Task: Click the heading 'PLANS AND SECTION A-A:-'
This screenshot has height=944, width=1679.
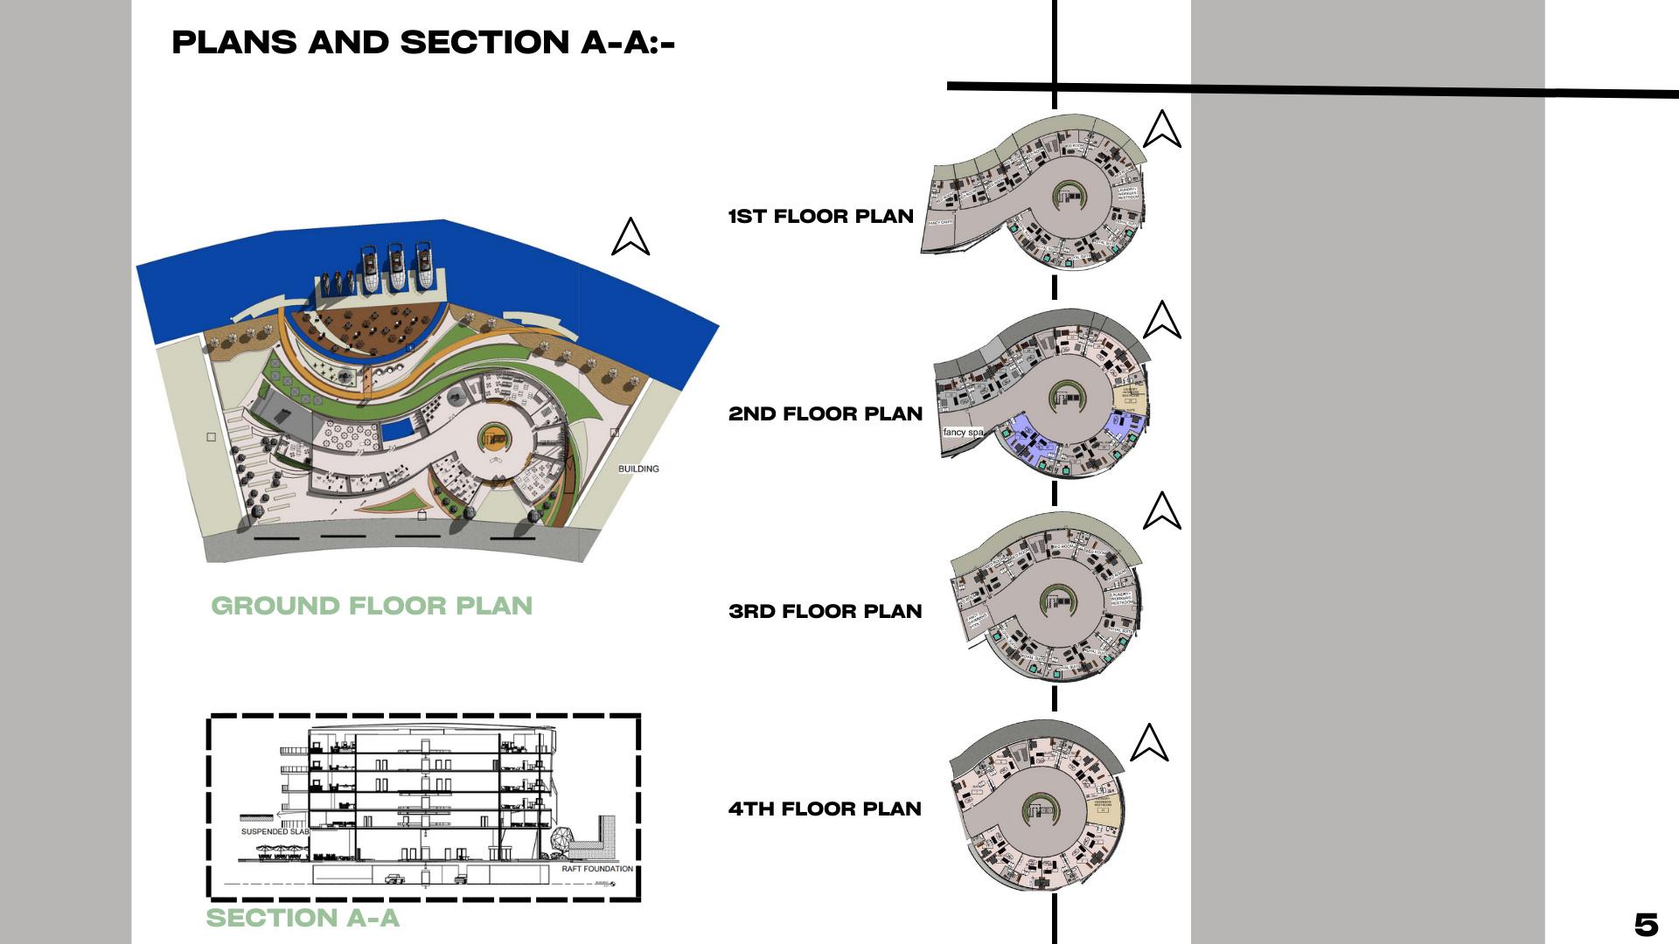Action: coord(423,43)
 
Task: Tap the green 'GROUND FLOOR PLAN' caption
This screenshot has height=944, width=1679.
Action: coord(372,606)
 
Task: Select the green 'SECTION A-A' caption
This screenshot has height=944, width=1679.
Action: coord(303,918)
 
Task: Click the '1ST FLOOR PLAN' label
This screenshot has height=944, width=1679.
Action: coord(820,217)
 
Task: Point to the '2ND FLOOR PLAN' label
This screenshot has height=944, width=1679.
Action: coord(825,414)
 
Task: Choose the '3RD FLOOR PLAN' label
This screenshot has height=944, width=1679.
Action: coord(825,612)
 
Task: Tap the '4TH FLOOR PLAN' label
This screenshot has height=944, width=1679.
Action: coord(825,809)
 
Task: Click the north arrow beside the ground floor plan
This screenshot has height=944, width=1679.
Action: coord(630,237)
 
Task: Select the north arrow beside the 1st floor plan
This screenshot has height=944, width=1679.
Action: coord(1161,129)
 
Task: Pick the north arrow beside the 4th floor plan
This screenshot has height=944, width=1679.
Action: coord(1149,743)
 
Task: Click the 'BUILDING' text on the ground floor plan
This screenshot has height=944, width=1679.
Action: coord(638,469)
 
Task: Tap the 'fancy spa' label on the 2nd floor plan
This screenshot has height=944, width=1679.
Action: coord(963,433)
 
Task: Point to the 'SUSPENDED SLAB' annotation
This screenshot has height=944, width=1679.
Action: coord(275,832)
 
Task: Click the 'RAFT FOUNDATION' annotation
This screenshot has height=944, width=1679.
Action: coord(597,869)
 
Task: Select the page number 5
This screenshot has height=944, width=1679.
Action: coord(1646,925)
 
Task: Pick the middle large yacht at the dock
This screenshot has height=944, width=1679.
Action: coord(397,267)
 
